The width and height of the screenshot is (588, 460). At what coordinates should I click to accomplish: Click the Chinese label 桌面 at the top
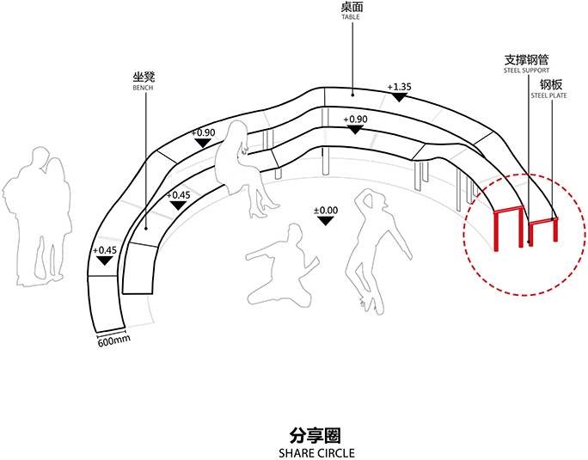click(351, 6)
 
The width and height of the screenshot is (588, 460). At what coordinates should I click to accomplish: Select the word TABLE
click(351, 16)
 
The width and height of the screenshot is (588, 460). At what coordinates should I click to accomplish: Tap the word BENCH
click(143, 88)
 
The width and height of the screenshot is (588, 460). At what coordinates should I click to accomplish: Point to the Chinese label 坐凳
click(143, 77)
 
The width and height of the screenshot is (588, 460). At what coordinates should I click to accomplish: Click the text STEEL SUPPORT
click(526, 71)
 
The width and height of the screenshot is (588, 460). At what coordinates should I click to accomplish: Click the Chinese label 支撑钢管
click(526, 60)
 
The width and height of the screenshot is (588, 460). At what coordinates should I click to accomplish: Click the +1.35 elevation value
click(399, 87)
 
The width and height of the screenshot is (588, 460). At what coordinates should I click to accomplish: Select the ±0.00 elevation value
click(325, 210)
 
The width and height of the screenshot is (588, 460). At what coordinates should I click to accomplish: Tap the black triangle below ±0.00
click(325, 221)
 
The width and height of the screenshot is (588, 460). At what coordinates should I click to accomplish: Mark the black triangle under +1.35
click(397, 97)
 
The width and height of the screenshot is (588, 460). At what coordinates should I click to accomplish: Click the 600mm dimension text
click(113, 341)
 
